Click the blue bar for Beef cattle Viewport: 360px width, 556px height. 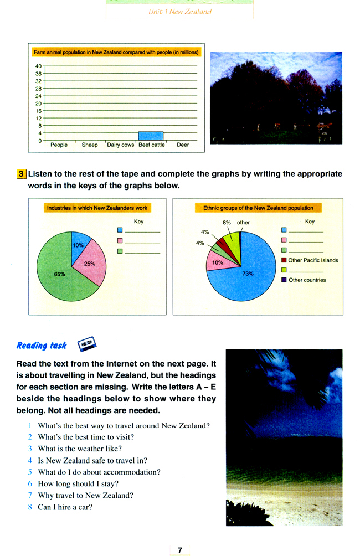click(151, 136)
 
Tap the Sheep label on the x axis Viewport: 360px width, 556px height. click(90, 145)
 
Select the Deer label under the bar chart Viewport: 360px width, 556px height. click(183, 145)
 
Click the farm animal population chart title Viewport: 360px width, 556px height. click(116, 53)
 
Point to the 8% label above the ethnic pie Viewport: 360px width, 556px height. click(227, 223)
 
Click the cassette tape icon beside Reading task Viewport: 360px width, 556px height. click(86, 344)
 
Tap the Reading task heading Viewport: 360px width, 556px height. click(42, 346)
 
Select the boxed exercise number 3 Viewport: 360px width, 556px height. click(21, 174)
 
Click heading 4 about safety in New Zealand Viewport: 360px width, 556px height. click(92, 460)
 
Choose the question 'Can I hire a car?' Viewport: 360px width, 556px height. click(64, 507)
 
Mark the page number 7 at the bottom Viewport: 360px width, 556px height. click(180, 550)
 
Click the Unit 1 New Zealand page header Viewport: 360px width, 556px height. click(180, 12)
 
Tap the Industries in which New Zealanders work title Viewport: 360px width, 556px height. click(97, 208)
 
